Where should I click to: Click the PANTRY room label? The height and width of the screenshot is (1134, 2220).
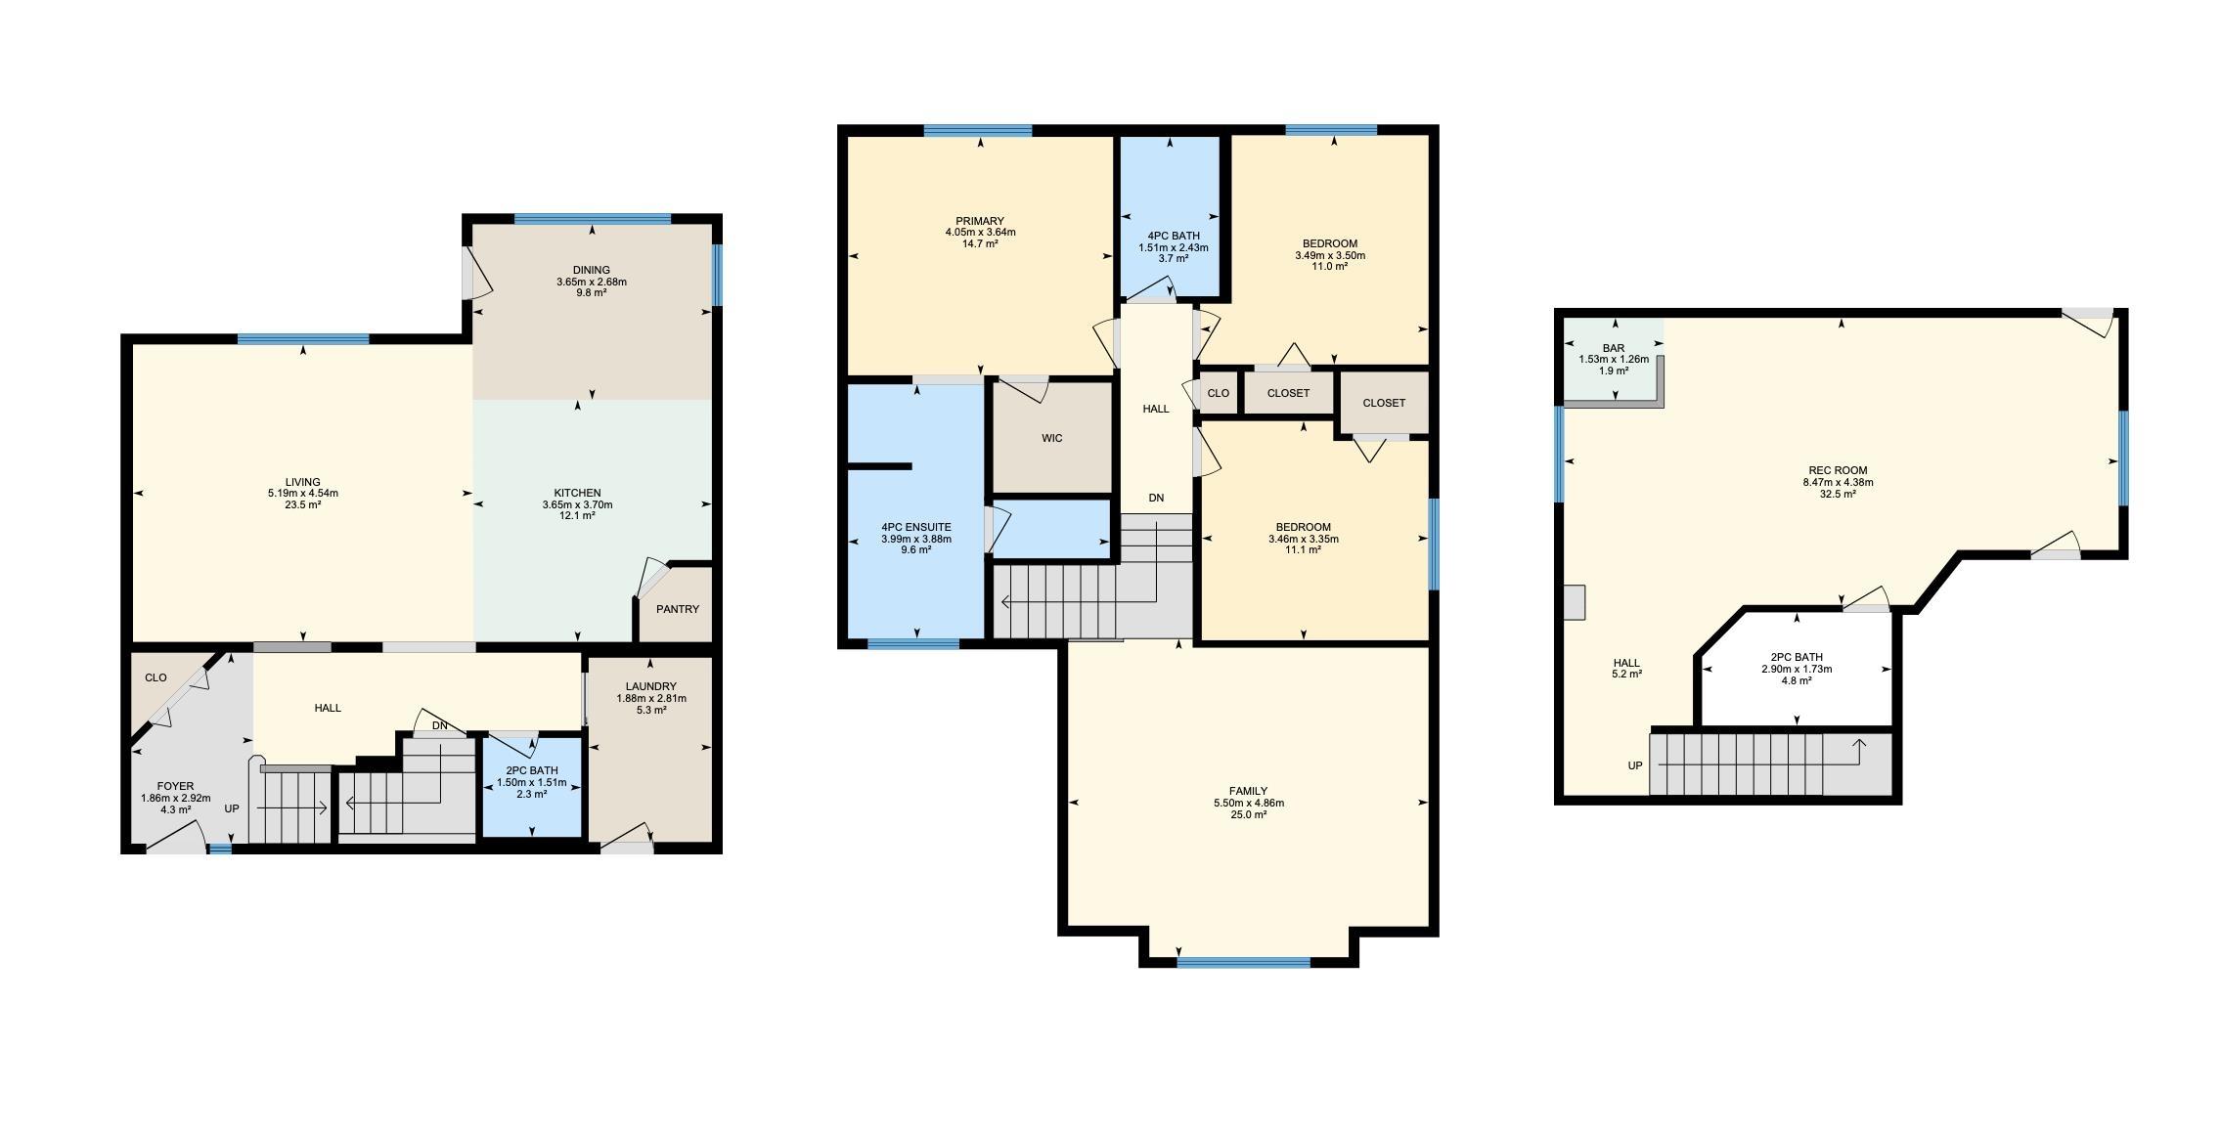click(x=678, y=609)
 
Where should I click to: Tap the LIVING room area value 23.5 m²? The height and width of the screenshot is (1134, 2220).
click(x=303, y=505)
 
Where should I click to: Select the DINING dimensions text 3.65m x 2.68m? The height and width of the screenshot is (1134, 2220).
click(x=592, y=282)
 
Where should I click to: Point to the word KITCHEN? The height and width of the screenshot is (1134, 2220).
click(x=577, y=493)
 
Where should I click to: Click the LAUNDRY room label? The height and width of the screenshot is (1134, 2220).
click(x=651, y=686)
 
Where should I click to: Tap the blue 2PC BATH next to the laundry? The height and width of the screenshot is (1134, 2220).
click(x=532, y=785)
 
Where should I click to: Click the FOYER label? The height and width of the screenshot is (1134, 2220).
click(x=176, y=786)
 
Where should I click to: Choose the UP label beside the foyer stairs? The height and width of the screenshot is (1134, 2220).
click(x=232, y=808)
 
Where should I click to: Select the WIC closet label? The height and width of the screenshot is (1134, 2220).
click(x=1052, y=438)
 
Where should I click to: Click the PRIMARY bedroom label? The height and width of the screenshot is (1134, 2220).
click(x=980, y=221)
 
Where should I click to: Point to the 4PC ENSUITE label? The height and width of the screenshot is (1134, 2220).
click(x=916, y=527)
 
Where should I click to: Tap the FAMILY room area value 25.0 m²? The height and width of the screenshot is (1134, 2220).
click(x=1249, y=814)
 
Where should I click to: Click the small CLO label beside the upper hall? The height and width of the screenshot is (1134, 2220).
click(x=1219, y=393)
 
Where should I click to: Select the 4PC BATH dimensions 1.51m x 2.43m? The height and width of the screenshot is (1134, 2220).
click(x=1174, y=247)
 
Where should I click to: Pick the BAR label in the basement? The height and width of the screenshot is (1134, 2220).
click(x=1614, y=348)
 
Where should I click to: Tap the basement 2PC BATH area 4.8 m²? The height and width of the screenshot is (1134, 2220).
click(x=1797, y=680)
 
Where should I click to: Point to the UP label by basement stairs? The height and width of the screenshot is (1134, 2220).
click(x=1635, y=765)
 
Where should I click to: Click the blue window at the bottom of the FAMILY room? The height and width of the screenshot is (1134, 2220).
click(x=1243, y=962)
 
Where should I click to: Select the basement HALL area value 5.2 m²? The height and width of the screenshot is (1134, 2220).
click(x=1626, y=674)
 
